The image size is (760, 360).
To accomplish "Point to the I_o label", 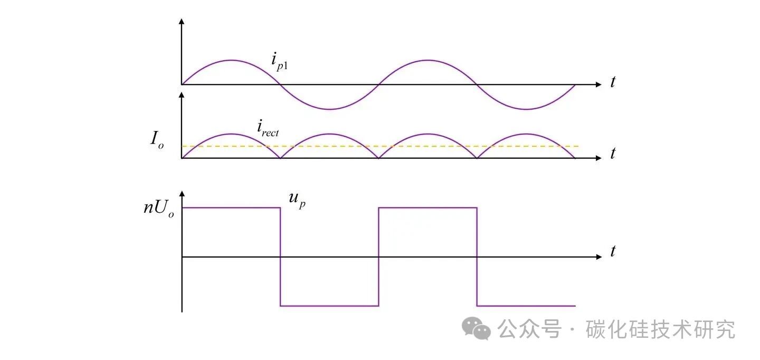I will pyautogui.click(x=157, y=140).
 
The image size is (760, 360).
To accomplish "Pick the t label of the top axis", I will pyautogui.click(x=613, y=83).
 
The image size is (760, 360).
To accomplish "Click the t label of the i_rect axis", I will pyautogui.click(x=613, y=154).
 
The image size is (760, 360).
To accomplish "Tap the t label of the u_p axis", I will pyautogui.click(x=613, y=252).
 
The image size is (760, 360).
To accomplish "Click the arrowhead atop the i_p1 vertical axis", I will pyautogui.click(x=182, y=22).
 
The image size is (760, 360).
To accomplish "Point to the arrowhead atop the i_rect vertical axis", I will pyautogui.click(x=182, y=95).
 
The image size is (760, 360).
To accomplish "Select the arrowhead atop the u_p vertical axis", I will pyautogui.click(x=182, y=194).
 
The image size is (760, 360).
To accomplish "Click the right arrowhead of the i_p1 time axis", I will pyautogui.click(x=598, y=84).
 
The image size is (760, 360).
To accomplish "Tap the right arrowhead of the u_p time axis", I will pyautogui.click(x=598, y=257).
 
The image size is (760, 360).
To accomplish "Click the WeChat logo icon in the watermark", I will pyautogui.click(x=476, y=329).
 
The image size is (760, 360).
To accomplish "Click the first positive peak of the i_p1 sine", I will pyautogui.click(x=231, y=60).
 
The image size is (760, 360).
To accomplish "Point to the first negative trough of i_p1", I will pyautogui.click(x=329, y=109).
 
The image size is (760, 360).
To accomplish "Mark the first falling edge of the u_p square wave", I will pyautogui.click(x=280, y=257).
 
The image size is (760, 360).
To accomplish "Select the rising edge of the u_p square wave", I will pyautogui.click(x=379, y=257).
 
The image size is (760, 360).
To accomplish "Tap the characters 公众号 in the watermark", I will pyautogui.click(x=529, y=329).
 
